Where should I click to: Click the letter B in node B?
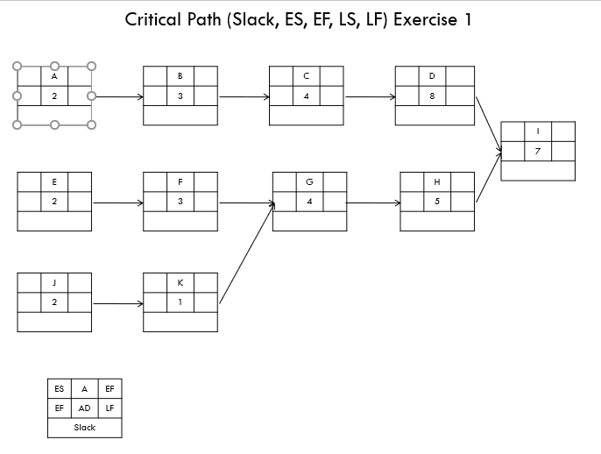click(x=180, y=76)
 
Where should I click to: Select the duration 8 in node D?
click(x=432, y=96)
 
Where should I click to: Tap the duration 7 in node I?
click(x=537, y=152)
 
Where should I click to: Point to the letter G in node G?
click(x=309, y=182)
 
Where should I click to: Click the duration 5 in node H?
click(x=436, y=202)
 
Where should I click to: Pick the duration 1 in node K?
click(x=180, y=302)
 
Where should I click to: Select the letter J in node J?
click(x=54, y=283)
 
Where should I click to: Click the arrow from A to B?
click(x=117, y=96)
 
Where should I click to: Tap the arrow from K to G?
click(x=246, y=254)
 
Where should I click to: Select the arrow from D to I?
click(x=488, y=124)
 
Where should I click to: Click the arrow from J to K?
click(x=117, y=303)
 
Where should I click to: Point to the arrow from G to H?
click(x=373, y=202)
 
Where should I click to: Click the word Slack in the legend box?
click(x=84, y=428)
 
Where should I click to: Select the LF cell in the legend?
click(x=110, y=408)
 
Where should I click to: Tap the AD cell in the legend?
click(x=84, y=408)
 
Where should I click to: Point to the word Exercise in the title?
click(x=427, y=19)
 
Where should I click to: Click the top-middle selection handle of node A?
click(x=54, y=66)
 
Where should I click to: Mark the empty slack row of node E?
click(x=54, y=222)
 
